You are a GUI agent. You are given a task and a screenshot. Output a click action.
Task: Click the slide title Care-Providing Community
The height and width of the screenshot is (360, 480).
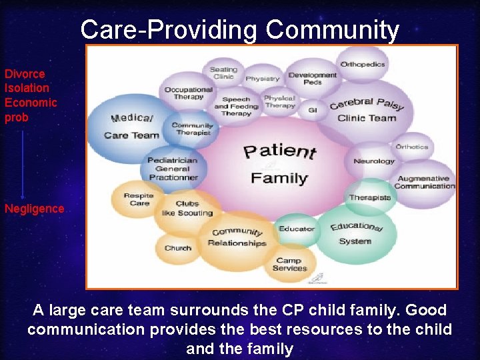(x=240, y=30)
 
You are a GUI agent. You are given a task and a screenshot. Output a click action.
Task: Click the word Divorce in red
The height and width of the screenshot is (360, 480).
(x=25, y=74)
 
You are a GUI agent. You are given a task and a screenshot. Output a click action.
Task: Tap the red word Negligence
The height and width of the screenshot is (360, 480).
(x=34, y=209)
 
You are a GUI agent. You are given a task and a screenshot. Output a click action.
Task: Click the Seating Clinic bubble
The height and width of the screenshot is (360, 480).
(x=223, y=73)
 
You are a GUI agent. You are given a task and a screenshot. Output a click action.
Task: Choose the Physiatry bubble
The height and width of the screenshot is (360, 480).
(x=263, y=79)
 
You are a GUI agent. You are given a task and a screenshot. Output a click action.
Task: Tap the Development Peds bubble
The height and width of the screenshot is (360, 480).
(x=312, y=79)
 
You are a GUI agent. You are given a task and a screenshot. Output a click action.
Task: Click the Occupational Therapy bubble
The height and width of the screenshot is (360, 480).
(x=188, y=93)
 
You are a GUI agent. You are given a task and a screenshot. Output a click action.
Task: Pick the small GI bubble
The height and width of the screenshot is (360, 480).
(x=312, y=109)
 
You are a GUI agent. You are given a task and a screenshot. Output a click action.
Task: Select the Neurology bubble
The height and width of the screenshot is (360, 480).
(x=374, y=161)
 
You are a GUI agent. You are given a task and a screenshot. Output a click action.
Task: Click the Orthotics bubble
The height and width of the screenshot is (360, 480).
(x=412, y=146)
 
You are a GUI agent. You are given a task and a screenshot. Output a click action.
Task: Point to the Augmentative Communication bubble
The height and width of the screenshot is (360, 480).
(x=424, y=182)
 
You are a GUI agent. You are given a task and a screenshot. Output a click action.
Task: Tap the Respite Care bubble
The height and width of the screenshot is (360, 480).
(x=139, y=199)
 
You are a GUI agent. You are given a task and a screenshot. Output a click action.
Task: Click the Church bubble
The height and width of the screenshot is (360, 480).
(x=177, y=248)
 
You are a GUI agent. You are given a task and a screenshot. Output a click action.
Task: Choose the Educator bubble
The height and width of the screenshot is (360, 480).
(x=297, y=229)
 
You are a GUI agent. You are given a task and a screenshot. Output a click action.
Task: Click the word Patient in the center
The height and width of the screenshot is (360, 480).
(x=279, y=151)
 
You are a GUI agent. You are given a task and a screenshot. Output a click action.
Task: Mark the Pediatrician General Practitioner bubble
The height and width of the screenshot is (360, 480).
(x=173, y=169)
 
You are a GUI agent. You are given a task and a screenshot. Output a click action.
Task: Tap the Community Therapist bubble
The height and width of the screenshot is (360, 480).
(x=192, y=129)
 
